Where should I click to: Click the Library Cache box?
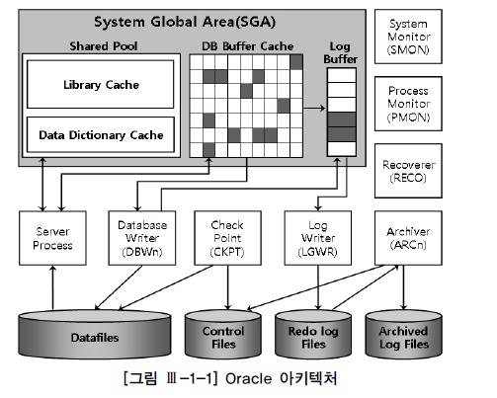100,84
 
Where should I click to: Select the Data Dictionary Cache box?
100,134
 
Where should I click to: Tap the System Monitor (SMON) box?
408,37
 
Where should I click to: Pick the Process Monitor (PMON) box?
408,104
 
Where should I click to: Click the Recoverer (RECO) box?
408,171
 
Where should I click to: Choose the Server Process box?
52,238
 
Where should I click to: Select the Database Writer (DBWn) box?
142,238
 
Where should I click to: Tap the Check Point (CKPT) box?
227,238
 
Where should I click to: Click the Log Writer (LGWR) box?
318,238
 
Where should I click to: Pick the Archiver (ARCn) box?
408,238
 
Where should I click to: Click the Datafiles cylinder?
95,334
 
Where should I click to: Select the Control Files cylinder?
223,334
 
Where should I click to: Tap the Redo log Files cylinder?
313,334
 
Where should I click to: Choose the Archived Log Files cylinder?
404,334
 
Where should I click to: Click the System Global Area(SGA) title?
185,22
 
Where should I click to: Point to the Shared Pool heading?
104,46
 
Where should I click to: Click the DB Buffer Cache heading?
248,46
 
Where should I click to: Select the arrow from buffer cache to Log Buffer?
314,108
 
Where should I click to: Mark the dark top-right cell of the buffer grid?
296,62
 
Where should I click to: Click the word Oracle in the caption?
249,378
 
